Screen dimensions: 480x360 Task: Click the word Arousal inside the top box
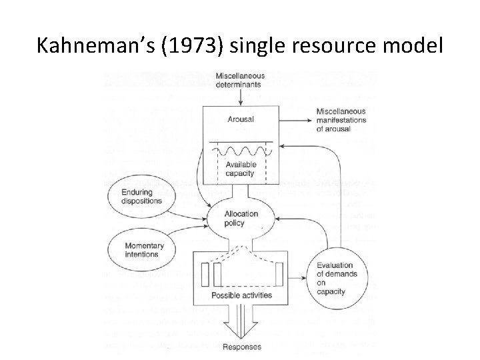pyautogui.click(x=240, y=119)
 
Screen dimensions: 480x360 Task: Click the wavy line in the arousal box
pyautogui.click(x=241, y=150)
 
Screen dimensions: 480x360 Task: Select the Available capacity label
pyautogui.click(x=241, y=169)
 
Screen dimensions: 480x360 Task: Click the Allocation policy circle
pyautogui.click(x=241, y=219)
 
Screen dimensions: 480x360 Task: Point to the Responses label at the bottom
pyautogui.click(x=241, y=347)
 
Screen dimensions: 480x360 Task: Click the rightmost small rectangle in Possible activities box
pyautogui.click(x=279, y=275)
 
